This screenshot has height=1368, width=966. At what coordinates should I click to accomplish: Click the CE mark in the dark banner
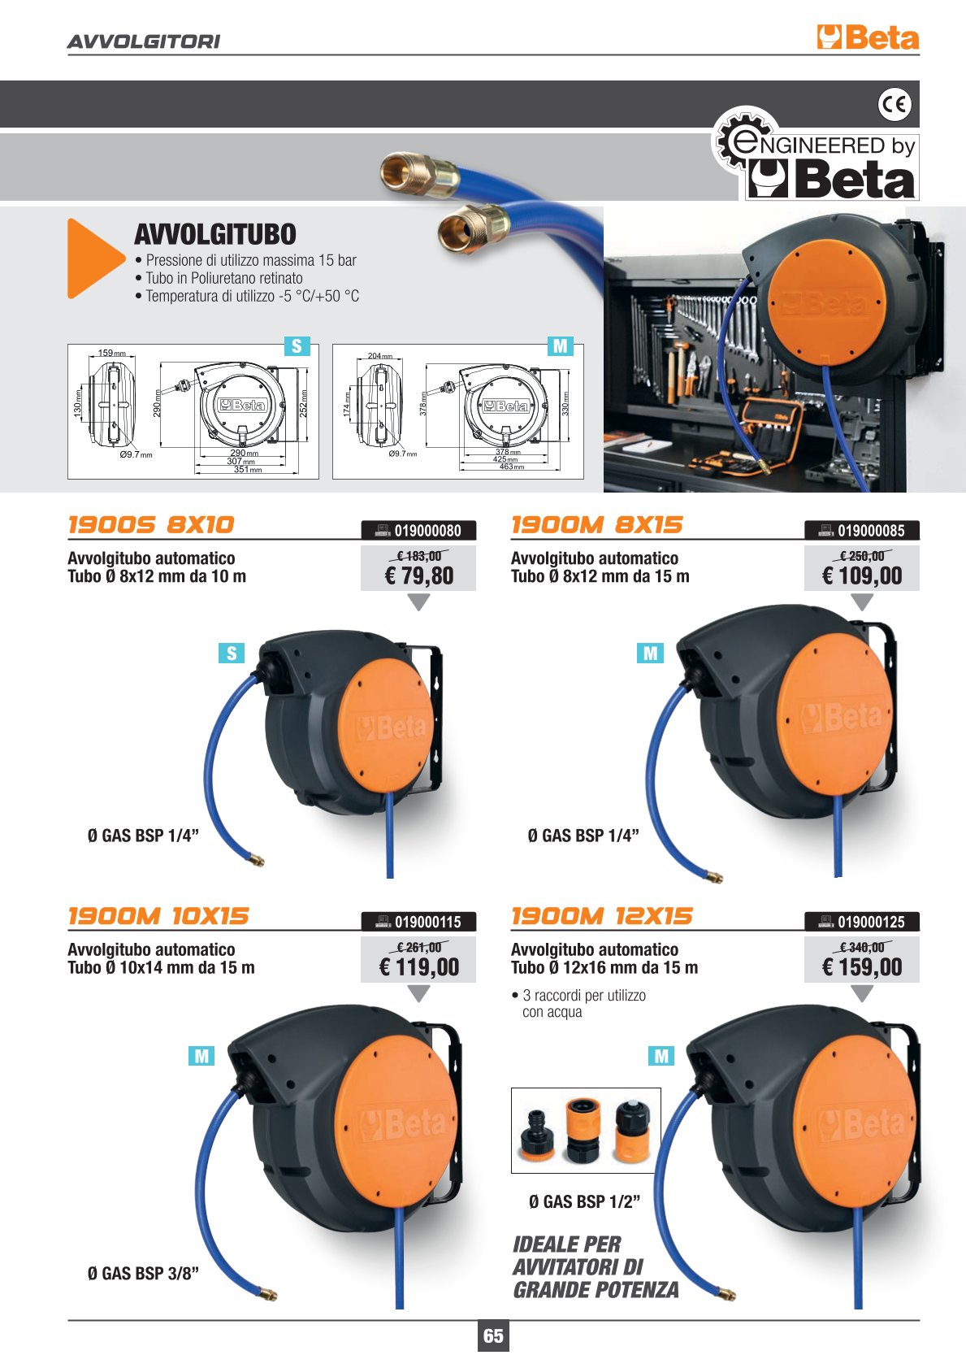(x=894, y=104)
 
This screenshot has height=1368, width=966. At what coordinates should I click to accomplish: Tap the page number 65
(x=493, y=1335)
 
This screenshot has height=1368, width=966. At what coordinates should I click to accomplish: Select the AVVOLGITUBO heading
(x=214, y=235)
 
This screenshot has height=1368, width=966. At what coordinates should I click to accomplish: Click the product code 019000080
(x=427, y=531)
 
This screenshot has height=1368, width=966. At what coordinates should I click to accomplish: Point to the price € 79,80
(x=418, y=575)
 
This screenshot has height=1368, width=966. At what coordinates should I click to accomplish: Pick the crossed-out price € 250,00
(x=862, y=556)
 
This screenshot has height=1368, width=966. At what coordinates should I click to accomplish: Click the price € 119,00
(x=418, y=966)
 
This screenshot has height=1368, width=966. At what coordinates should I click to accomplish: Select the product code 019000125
(x=871, y=923)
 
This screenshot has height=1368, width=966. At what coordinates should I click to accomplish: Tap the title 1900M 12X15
(x=601, y=916)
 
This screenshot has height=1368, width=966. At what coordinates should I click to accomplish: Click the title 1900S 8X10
(x=151, y=524)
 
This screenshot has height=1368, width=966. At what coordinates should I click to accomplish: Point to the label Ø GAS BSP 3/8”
(x=143, y=1274)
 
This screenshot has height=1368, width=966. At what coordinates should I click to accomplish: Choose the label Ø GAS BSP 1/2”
(x=584, y=1202)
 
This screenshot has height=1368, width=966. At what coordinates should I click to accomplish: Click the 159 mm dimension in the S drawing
(x=111, y=353)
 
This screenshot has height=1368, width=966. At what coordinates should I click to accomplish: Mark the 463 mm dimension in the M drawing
(x=511, y=467)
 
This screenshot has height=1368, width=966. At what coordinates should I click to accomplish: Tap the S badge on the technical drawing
(x=297, y=345)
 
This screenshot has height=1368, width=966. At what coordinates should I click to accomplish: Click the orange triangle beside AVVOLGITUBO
(x=93, y=258)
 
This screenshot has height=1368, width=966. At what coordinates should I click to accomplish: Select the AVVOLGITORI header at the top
(x=144, y=41)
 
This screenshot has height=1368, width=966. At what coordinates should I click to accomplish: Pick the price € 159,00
(x=862, y=966)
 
